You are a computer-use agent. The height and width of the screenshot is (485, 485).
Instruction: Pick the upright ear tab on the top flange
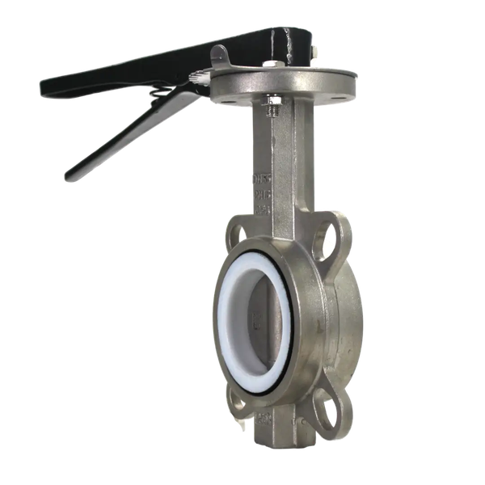(x=220, y=57)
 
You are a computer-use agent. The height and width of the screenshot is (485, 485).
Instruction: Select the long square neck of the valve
(x=279, y=162)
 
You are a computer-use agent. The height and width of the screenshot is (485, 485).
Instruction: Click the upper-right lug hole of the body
(x=332, y=235)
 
